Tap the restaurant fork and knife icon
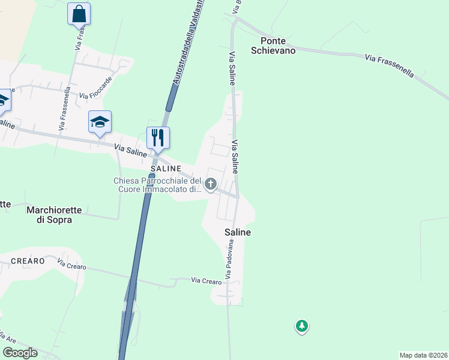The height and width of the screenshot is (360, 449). coord(158,137)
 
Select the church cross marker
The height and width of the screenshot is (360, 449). coord(211,184)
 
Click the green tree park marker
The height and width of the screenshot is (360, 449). coord(301,326)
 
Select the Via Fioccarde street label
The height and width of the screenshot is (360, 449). coord(95,91)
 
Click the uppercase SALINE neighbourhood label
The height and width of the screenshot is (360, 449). coord(162,169)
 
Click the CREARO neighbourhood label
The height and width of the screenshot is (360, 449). coord(27,261)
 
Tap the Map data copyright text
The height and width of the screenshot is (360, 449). coord(423,355)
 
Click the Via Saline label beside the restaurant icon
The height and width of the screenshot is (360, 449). coord(131,149)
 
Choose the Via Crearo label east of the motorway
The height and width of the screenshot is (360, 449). coord(206,280)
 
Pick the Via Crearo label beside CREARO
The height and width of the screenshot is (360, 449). coord(72,264)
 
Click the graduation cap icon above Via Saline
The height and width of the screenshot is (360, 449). coord(100,122)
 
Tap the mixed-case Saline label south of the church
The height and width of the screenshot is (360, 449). coord(237,232)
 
